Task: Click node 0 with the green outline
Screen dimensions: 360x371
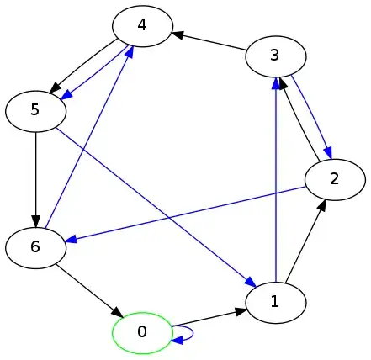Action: coord(141,332)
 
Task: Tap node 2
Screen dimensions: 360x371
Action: coord(334,178)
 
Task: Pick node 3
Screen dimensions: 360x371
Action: coord(275,56)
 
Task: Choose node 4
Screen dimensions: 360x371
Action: coord(143,25)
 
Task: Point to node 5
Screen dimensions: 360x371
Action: coord(35,110)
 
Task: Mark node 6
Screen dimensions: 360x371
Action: coord(35,247)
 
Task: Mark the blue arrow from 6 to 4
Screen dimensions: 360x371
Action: coord(87,139)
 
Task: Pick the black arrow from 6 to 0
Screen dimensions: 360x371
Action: coord(88,290)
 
